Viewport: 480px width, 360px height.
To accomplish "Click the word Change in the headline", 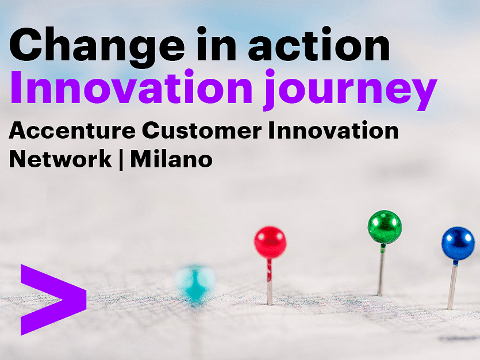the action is click(97, 47).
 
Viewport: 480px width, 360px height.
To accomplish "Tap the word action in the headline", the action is click(319, 44).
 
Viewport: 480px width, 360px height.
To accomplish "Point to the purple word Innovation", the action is click(132, 87).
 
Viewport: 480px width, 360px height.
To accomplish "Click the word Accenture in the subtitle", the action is click(72, 131).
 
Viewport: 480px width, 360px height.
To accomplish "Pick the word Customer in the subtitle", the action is click(202, 131).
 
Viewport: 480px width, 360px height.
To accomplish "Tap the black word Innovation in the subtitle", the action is click(333, 130).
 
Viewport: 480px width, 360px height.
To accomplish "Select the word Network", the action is click(60, 159).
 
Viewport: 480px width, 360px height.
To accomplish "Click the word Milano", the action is click(171, 159).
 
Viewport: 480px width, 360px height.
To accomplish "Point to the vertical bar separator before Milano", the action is click(121, 159).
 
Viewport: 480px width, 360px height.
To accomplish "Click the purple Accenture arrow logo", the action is click(53, 300).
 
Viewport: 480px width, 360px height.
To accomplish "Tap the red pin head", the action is click(270, 242).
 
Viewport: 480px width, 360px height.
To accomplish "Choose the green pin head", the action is click(385, 227).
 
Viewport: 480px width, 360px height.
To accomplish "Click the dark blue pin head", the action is click(458, 243).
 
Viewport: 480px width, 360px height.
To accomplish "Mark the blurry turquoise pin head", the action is click(195, 282).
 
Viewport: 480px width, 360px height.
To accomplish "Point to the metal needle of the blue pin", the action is click(452, 285).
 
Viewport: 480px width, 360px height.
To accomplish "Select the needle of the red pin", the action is click(270, 282).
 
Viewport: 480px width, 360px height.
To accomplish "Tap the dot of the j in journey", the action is click(270, 74).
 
